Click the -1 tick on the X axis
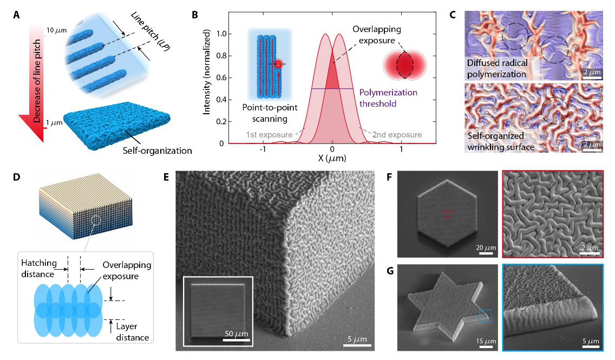(x=263, y=150)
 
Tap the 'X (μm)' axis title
(x=331, y=159)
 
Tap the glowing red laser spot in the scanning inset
(x=278, y=64)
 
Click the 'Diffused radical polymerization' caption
(x=504, y=67)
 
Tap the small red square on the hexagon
(x=447, y=214)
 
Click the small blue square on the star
(x=485, y=315)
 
